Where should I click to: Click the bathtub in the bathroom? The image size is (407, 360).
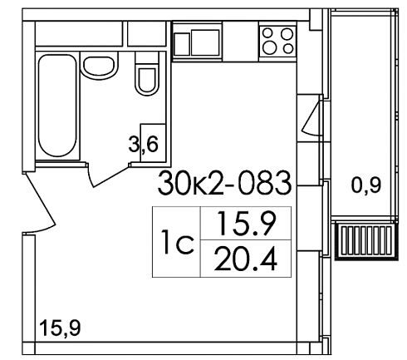(57, 106)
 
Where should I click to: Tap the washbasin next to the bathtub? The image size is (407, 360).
(99, 67)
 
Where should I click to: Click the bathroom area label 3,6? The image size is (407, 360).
(143, 145)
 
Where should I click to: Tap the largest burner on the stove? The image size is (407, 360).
(270, 48)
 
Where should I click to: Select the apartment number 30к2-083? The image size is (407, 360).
(224, 183)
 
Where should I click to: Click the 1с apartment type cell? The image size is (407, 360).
(176, 242)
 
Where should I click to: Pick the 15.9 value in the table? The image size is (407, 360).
(246, 224)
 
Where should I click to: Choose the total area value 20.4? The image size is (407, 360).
(246, 259)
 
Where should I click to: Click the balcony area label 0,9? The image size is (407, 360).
(366, 185)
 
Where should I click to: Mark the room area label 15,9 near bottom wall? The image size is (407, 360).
(60, 328)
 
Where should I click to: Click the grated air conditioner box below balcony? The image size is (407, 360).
(366, 240)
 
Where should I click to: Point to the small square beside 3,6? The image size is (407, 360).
(153, 143)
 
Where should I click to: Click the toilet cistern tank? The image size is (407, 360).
(147, 57)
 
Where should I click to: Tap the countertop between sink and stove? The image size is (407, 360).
(240, 41)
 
